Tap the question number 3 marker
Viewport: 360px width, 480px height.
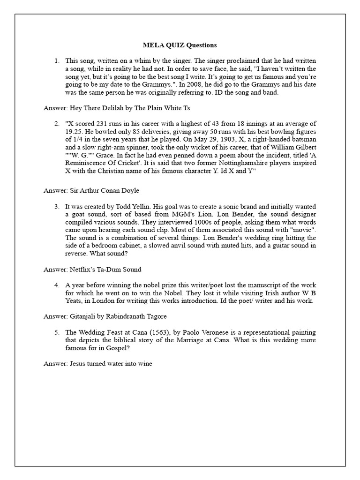[57, 206]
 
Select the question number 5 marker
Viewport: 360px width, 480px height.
[57, 332]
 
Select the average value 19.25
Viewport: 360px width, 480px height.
[74, 132]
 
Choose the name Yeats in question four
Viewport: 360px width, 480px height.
[75, 300]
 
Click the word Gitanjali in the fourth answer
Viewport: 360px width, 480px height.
[84, 316]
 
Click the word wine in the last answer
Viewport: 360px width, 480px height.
[145, 364]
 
